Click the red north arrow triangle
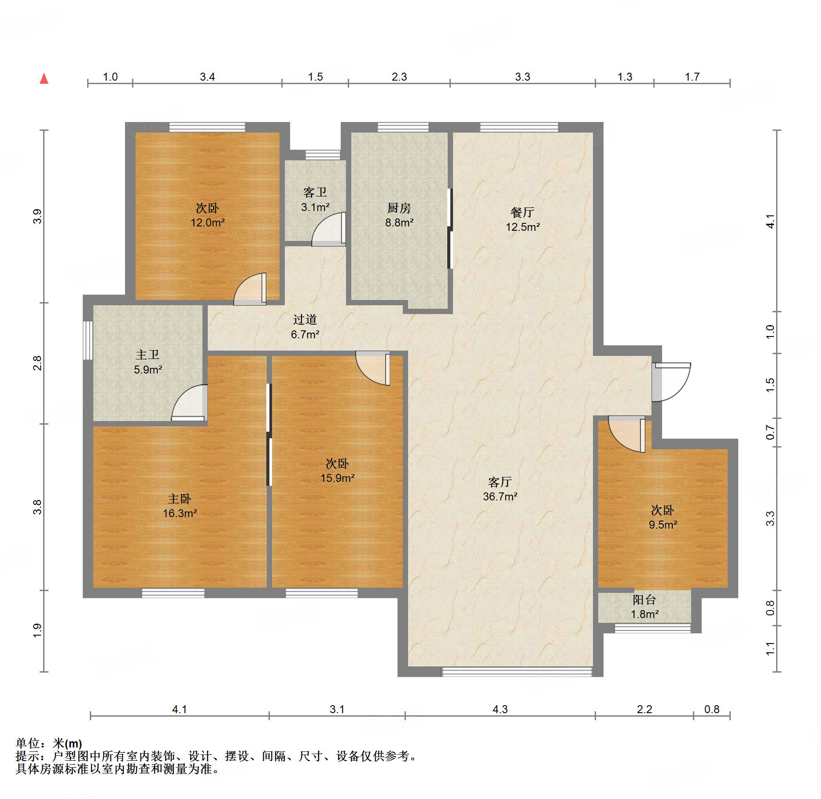click(44, 78)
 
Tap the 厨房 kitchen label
click(399, 208)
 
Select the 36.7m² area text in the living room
click(500, 496)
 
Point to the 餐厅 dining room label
click(523, 212)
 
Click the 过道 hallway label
click(305, 320)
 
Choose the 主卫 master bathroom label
click(147, 355)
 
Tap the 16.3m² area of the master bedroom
click(180, 513)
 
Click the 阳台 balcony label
click(644, 599)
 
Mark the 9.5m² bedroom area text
click(663, 525)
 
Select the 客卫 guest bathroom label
click(315, 192)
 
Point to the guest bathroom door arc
click(328, 229)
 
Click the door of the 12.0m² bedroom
click(250, 289)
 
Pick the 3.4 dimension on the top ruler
click(207, 77)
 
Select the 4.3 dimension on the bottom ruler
click(500, 709)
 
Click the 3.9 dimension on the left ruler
click(37, 216)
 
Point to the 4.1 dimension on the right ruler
click(770, 221)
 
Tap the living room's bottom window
click(517, 671)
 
